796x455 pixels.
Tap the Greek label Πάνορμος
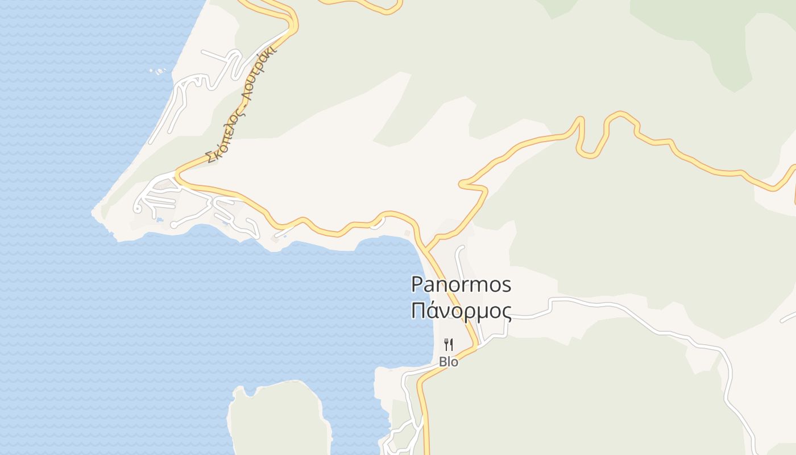tap(461, 311)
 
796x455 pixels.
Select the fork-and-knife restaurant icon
tap(449, 344)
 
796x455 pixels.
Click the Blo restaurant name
tap(449, 362)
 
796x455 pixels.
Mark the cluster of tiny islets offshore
tap(159, 71)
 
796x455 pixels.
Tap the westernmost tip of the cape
tap(93, 212)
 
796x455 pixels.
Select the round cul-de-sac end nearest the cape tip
tap(137, 209)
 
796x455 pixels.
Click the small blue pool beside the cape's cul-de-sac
tap(160, 220)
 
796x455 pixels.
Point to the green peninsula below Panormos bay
tap(279, 418)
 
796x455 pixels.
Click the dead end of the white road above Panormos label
tap(461, 248)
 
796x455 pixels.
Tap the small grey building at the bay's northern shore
tap(407, 233)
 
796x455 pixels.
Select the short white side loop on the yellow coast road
tap(376, 225)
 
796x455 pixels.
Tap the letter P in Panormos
tap(417, 284)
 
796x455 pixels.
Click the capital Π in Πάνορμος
tap(418, 311)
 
